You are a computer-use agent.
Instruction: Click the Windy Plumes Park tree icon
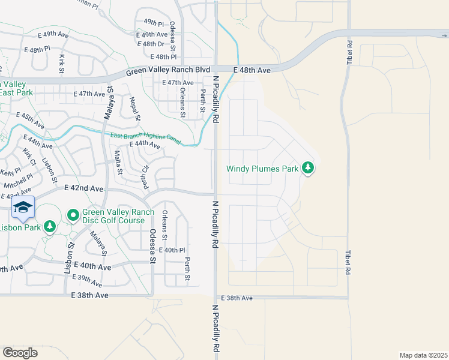[x=309, y=168]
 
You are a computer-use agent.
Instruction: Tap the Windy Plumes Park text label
[x=262, y=169]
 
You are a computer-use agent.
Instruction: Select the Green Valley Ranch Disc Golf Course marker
[x=73, y=214]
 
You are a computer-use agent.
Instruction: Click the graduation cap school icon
[x=23, y=208]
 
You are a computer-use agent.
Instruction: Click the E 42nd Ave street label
[x=84, y=188]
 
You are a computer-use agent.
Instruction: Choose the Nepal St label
[x=135, y=107]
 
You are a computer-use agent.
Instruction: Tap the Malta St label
[x=119, y=162]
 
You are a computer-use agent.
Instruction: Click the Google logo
[x=20, y=353]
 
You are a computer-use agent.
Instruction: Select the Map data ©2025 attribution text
[x=423, y=355]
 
